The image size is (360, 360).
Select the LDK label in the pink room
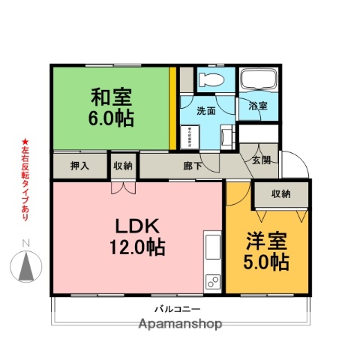coord(136,226)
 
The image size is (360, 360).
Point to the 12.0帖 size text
coord(136,247)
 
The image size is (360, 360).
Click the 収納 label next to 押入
coord(123,166)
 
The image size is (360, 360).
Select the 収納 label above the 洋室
coord(281,194)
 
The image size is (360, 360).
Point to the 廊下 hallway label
coord(192,166)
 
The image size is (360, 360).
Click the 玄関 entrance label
coord(261,160)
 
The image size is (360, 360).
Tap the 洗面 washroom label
coord(206,111)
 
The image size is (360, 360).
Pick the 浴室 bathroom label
coord(257,106)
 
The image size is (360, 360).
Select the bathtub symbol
coord(258,80)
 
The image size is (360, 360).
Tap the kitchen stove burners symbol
coord(211,283)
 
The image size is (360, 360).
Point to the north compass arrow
coord(26,265)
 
